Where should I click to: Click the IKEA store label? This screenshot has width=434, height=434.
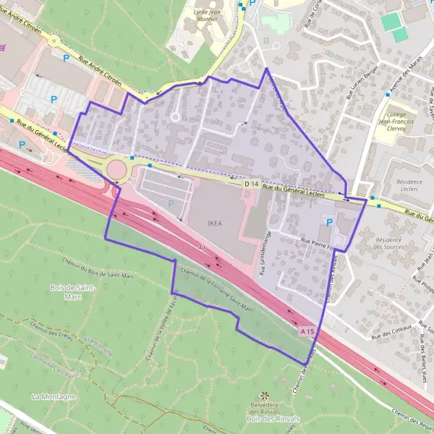[215, 224]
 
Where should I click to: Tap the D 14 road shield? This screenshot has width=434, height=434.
[251, 185]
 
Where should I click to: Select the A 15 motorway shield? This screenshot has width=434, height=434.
[307, 331]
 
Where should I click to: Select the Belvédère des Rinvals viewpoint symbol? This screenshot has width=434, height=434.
[263, 396]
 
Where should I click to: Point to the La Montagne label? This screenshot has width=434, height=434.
[54, 397]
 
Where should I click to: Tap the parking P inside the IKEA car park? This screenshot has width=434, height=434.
[171, 203]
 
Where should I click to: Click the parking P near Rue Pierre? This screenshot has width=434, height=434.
[330, 222]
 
